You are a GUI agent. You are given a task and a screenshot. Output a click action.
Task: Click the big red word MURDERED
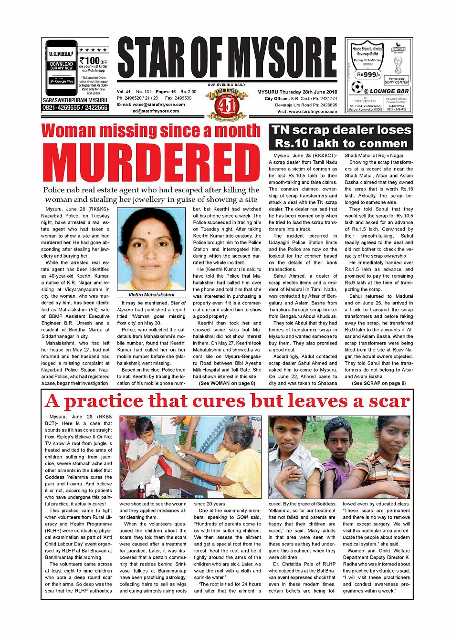coord(151,162)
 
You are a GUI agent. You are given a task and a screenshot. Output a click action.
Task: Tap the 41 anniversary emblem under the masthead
coord(227,104)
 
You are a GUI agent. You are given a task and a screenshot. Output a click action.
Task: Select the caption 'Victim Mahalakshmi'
coord(151,295)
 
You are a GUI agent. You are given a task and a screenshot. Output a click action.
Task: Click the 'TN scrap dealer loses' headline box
coord(341,136)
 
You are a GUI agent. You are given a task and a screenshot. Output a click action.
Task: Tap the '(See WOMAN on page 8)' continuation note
coord(227,383)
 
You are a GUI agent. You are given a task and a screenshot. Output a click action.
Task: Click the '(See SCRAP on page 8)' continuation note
coord(378,383)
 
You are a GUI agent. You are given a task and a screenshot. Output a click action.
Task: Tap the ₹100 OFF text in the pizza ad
coord(93,61)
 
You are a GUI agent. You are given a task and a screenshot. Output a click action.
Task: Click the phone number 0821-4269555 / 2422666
coord(75,108)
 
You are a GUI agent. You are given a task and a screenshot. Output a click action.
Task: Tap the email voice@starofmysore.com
coord(151,105)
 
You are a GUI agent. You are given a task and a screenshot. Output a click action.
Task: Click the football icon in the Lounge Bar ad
coord(357,87)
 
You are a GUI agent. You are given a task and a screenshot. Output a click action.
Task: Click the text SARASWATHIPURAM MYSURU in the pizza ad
coord(75,100)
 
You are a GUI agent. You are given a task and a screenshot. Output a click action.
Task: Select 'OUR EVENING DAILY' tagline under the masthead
coord(227,85)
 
